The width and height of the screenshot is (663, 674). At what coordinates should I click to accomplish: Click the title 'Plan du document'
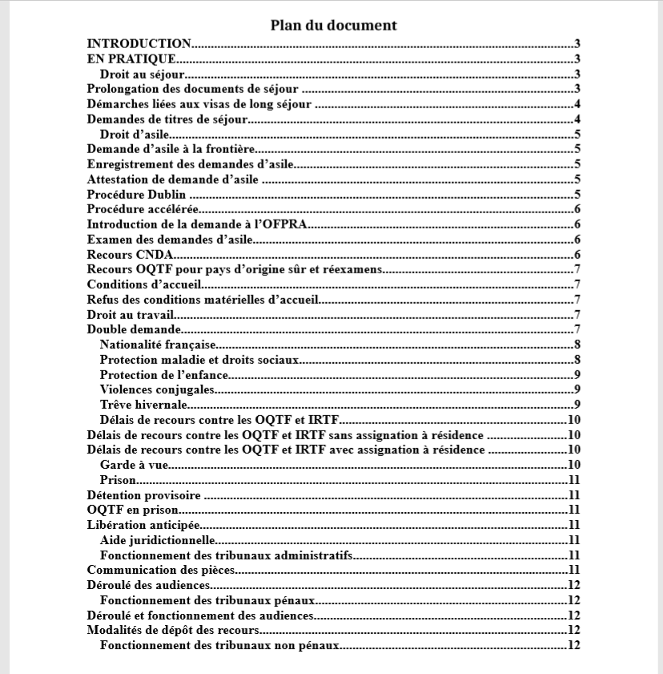[333, 26]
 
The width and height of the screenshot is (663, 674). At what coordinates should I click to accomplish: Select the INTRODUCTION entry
[139, 43]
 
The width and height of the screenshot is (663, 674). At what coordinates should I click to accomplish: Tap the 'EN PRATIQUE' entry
[131, 59]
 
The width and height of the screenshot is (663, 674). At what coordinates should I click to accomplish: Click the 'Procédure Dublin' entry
[136, 194]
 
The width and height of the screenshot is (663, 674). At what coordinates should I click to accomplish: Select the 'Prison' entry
[118, 480]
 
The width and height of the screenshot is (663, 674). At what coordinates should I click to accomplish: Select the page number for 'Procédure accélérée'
[577, 209]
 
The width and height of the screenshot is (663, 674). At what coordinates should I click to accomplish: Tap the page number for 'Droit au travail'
[577, 314]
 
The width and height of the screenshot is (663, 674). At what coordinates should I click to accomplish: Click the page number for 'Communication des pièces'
[574, 571]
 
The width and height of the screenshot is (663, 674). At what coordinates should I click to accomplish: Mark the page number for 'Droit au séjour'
[577, 74]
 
